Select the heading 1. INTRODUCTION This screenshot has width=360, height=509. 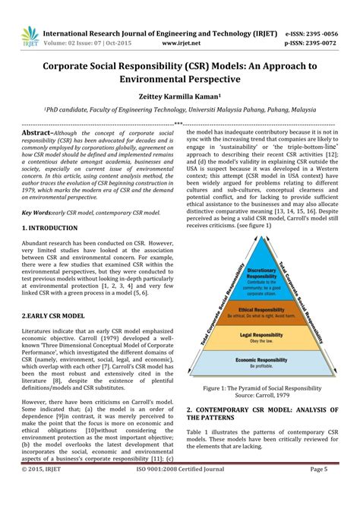point(49,228)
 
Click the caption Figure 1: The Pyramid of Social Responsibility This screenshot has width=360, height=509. point(261,387)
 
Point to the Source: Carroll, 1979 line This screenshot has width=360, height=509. point(261,396)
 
